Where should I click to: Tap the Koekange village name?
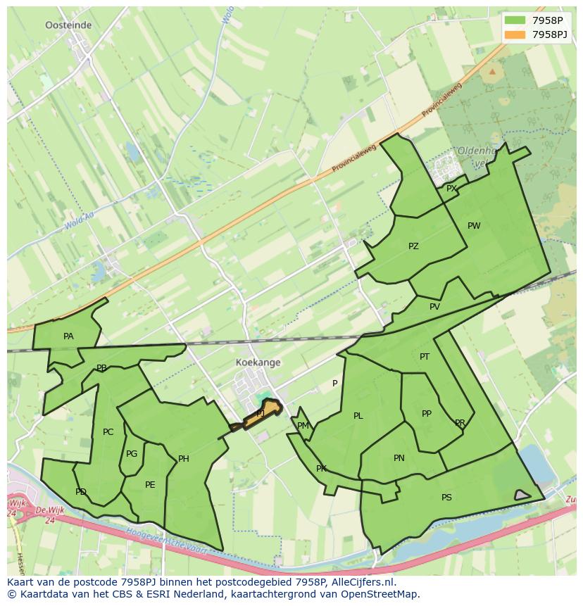coord(258,362)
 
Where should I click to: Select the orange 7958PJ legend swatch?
coord(515,34)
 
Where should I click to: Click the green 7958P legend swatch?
coord(515,20)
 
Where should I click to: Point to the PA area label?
coord(68,336)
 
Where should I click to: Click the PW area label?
coord(474,226)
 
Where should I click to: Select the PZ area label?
coord(413,246)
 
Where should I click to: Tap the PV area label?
coord(434,307)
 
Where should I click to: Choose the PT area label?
coord(425,357)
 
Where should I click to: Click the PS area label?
coord(446,498)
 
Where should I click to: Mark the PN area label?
coord(399,458)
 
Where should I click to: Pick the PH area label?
coord(183,459)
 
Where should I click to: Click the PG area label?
coord(132,454)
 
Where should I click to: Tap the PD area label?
coord(81,492)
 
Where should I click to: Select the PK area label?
coord(321,469)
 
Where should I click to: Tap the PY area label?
coord(451,188)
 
